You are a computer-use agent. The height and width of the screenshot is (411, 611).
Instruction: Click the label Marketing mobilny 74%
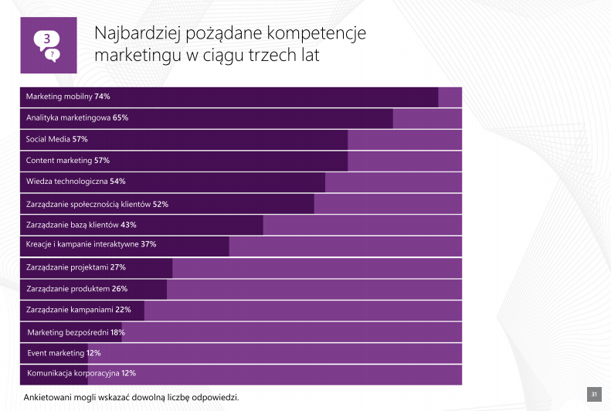point(68,97)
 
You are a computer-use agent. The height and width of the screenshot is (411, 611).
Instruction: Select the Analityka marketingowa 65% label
point(76,118)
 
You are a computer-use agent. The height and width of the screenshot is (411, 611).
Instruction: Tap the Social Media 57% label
point(56,140)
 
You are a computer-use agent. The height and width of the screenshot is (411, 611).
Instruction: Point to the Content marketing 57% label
point(67,161)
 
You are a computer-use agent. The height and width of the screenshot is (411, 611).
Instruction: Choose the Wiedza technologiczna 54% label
point(76,182)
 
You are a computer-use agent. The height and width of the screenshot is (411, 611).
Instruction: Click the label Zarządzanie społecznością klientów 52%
point(97,205)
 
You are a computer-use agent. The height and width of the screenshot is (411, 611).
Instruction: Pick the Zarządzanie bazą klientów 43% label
point(81,225)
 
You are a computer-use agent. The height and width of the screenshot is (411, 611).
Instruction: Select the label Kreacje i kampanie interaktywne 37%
point(91,244)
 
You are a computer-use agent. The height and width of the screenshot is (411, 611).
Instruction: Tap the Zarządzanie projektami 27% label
point(76,267)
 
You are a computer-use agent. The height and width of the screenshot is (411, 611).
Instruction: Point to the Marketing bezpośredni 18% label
point(76,332)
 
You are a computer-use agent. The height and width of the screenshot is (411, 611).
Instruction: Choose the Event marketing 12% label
point(64,353)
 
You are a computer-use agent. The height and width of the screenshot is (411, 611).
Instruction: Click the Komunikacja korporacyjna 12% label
point(81,373)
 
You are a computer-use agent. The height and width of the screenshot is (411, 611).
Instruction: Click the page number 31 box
point(595,396)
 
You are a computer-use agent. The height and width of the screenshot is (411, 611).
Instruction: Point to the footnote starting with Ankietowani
point(131,397)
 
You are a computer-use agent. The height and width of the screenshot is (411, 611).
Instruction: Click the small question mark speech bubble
point(53,54)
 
